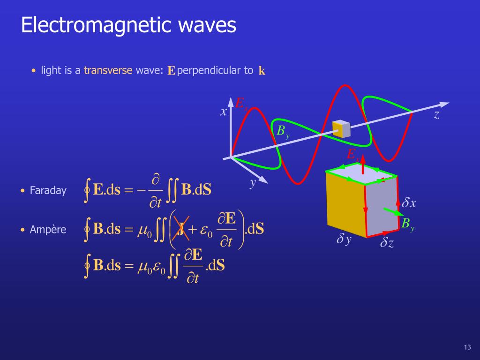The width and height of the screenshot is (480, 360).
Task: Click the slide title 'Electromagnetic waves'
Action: pos(128,25)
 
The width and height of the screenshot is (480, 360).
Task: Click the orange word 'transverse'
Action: pos(108,71)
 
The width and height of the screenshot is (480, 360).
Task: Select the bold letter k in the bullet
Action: pos(262,71)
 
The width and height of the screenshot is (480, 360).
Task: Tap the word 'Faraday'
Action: pos(48,191)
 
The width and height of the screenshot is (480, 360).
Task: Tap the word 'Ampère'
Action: pos(48,230)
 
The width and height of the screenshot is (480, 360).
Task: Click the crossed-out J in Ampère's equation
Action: pos(180,230)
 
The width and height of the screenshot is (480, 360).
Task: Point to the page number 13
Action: pos(466,347)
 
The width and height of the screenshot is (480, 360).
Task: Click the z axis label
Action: pos(436,115)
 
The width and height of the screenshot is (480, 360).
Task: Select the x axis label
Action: pos(224,112)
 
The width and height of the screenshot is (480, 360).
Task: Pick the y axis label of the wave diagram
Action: pos(253,182)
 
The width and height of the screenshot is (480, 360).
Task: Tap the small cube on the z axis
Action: pos(341,129)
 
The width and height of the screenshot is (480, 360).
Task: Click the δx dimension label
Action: pos(409,203)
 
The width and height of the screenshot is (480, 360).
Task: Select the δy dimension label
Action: pos(344,240)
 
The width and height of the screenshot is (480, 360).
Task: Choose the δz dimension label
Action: pos(387,242)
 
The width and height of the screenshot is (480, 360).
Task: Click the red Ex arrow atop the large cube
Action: pos(362,166)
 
